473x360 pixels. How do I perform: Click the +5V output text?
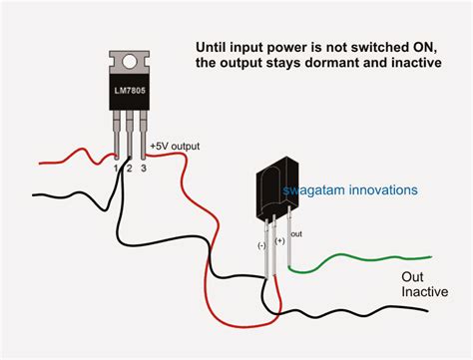coord(175,147)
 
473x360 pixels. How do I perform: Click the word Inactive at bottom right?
coord(424,294)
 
